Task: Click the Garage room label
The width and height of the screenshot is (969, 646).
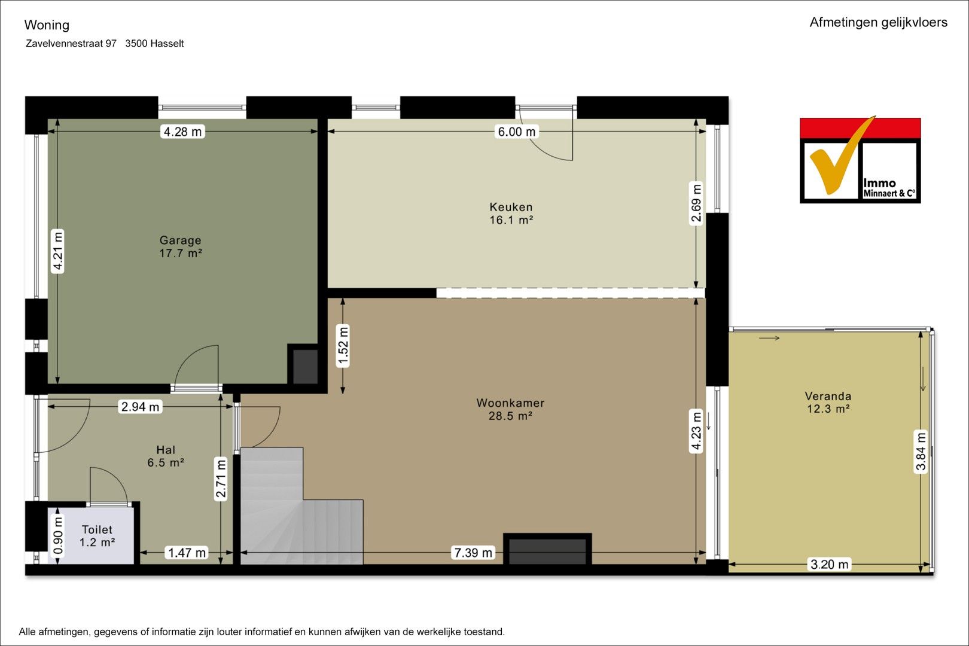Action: click(181, 246)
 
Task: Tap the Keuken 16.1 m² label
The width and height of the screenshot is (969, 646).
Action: click(511, 214)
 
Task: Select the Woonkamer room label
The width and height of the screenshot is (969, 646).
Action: click(510, 409)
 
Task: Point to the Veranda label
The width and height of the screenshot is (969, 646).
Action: click(828, 403)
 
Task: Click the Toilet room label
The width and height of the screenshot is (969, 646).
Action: click(97, 536)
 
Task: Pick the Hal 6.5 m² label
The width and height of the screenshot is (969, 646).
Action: click(166, 456)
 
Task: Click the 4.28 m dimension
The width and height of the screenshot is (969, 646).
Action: click(182, 132)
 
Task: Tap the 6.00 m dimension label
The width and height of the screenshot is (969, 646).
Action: click(517, 132)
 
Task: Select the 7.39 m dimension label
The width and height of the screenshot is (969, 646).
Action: click(473, 553)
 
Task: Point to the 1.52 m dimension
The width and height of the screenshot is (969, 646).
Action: click(343, 346)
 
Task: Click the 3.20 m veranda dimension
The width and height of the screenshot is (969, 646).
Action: click(829, 564)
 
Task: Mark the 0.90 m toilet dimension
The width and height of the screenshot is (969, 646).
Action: click(58, 536)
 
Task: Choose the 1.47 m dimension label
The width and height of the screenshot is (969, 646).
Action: click(187, 553)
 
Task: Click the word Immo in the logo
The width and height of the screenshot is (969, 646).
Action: click(879, 183)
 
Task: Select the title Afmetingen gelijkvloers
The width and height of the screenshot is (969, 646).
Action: click(878, 23)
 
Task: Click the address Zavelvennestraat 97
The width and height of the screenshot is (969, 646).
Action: click(71, 44)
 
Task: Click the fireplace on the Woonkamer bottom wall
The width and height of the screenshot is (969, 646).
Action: click(547, 550)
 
